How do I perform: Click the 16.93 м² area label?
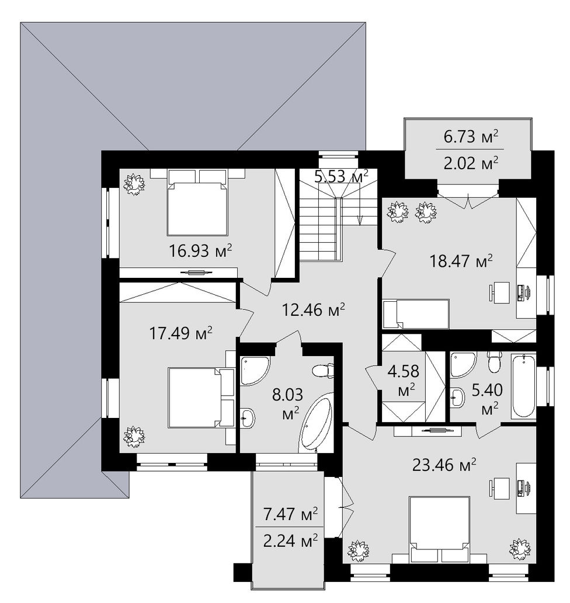click(200, 251)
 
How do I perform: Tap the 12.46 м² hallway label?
click(313, 309)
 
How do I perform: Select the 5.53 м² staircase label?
click(342, 177)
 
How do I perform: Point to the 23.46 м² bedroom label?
click(444, 465)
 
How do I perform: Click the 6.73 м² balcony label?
click(471, 137)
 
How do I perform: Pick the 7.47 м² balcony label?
click(290, 513)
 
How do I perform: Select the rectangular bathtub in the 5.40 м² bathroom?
click(524, 386)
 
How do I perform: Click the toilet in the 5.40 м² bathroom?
click(493, 362)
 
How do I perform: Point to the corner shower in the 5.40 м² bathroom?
click(463, 364)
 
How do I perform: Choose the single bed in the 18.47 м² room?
click(416, 314)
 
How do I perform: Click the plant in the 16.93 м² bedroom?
click(134, 184)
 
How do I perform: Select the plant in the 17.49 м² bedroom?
click(134, 436)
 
